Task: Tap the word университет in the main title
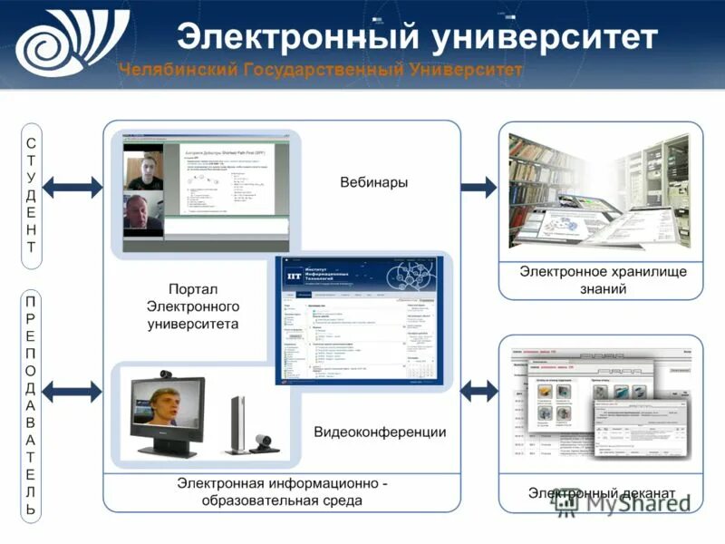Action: pos(544,37)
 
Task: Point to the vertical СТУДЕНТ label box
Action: pos(32,195)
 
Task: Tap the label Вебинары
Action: pos(373,182)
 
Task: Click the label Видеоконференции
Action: pos(380,432)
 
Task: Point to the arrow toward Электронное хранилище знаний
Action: pos(478,188)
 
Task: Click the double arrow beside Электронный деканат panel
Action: pos(478,392)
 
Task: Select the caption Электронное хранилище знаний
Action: pos(603,280)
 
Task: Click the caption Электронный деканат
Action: pos(602,493)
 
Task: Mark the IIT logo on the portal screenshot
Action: pos(294,273)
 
